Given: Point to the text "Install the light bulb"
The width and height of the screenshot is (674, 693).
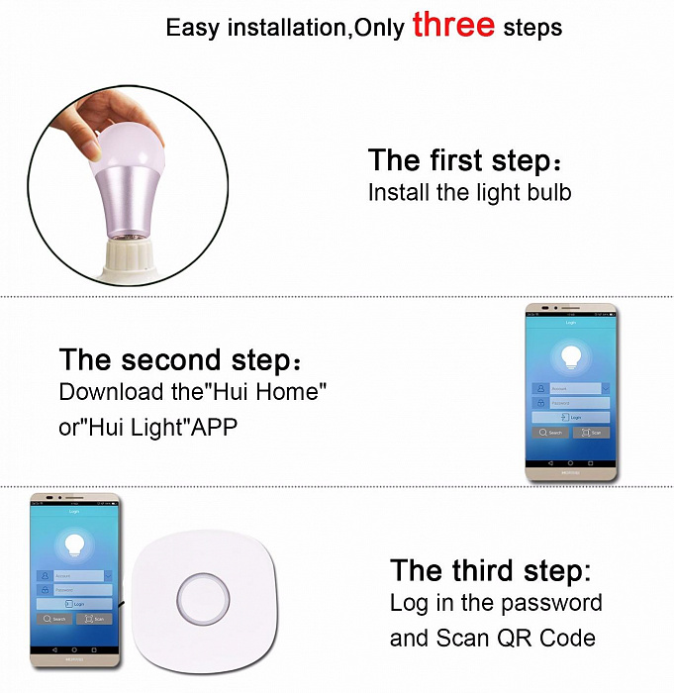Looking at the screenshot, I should (469, 192).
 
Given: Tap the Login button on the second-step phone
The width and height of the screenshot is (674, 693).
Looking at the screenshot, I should (570, 418).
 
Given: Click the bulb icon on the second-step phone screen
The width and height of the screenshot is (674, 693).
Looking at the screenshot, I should (570, 357).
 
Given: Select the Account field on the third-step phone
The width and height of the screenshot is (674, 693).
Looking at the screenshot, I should (76, 575).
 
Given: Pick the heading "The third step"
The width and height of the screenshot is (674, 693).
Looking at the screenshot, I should (490, 571).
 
